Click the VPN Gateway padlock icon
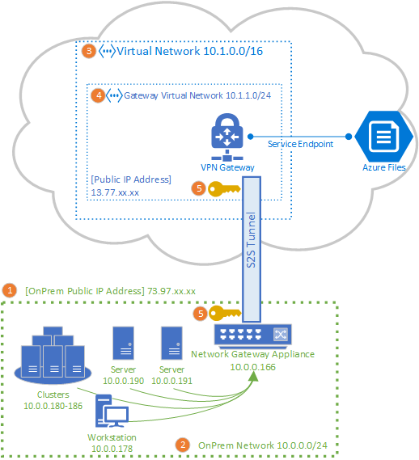pyautogui.click(x=226, y=134)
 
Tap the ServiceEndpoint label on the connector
pyautogui.click(x=299, y=143)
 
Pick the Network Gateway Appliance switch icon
pyautogui.click(x=252, y=335)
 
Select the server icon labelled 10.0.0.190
pyautogui.click(x=124, y=344)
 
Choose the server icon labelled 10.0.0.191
pyautogui.click(x=171, y=344)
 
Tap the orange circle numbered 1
pyautogui.click(x=10, y=290)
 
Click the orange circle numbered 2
pyautogui.click(x=183, y=445)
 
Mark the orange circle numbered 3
pyautogui.click(x=89, y=51)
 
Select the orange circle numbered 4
pyautogui.click(x=98, y=95)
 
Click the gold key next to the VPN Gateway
pyautogui.click(x=223, y=189)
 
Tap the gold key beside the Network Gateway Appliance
pyautogui.click(x=224, y=313)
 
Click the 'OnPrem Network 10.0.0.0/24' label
pyautogui.click(x=262, y=445)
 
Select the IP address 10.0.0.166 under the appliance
pyautogui.click(x=252, y=366)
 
